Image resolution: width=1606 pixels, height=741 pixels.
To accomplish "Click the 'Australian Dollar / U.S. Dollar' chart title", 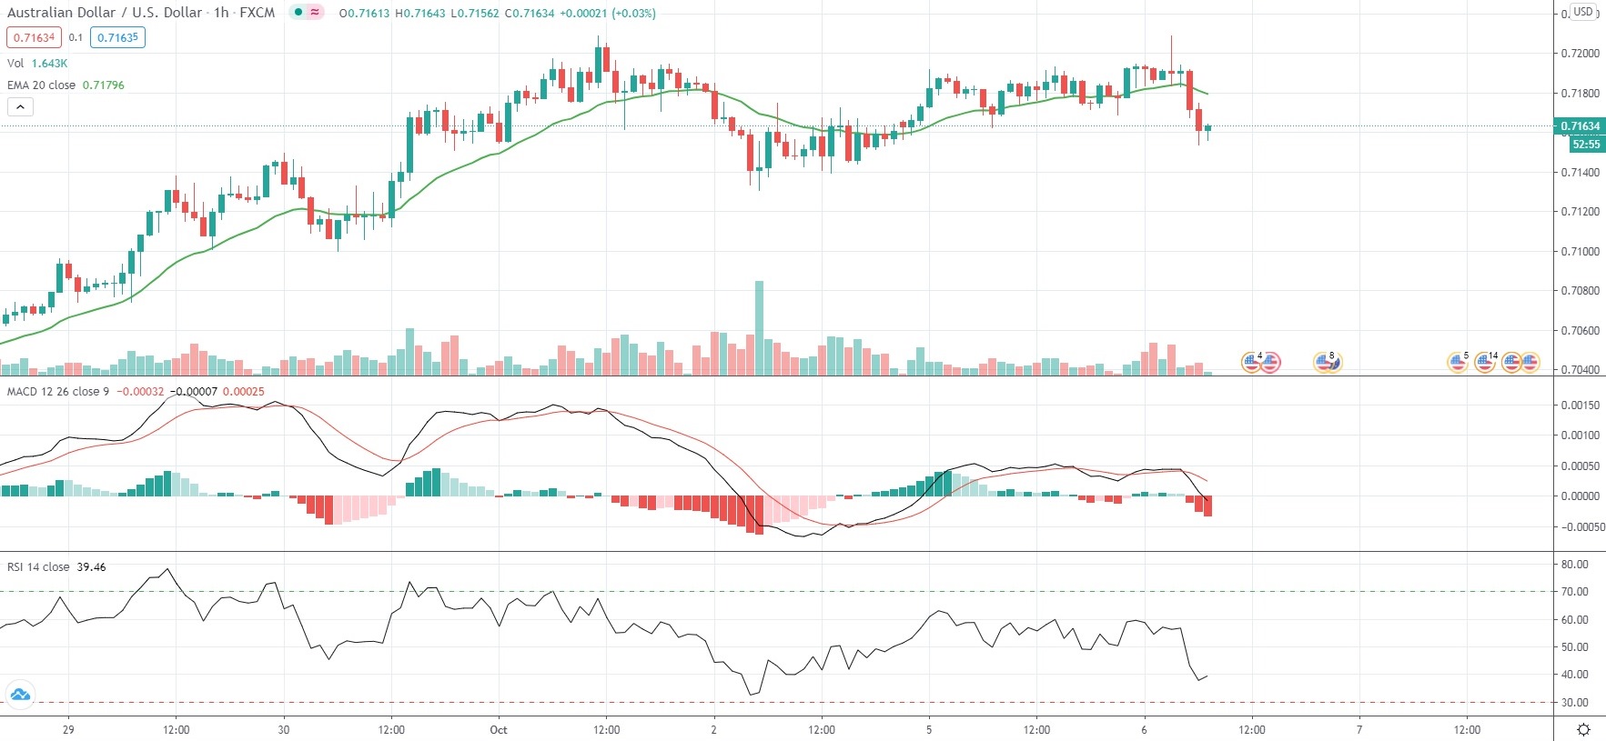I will tap(105, 13).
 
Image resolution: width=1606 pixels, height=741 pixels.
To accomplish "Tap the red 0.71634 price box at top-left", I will tap(34, 37).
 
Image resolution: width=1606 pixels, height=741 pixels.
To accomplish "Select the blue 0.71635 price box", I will tap(117, 37).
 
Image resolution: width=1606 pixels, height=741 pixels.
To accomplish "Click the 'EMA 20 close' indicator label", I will tap(42, 85).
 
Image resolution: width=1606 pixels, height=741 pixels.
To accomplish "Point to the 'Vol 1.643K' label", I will tap(37, 63).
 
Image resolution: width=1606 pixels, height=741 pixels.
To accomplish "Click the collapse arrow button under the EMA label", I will tap(20, 106).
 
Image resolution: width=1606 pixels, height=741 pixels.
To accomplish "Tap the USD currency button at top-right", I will tap(1583, 12).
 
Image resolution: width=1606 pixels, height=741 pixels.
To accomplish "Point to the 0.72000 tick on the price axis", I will tap(1580, 54).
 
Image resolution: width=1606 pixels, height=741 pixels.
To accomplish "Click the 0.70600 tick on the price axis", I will tap(1580, 330).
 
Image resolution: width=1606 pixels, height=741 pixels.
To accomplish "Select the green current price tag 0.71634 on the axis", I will tap(1580, 126).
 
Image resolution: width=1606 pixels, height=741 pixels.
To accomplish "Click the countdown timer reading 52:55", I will tap(1585, 144).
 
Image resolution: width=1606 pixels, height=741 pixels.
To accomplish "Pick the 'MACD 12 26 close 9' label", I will tap(58, 391).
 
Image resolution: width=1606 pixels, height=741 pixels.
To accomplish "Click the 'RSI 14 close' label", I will tap(38, 566).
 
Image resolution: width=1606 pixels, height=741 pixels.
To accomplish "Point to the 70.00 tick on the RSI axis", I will tap(1574, 591).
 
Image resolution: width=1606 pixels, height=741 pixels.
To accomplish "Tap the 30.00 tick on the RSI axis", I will tap(1574, 702).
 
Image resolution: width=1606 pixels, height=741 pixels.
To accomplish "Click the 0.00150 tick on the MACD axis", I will tap(1580, 405).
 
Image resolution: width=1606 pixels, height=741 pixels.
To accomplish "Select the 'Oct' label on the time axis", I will tap(498, 729).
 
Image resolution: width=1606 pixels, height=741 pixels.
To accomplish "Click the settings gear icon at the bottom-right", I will tap(1583, 729).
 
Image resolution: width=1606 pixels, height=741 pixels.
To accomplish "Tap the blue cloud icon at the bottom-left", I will tap(20, 695).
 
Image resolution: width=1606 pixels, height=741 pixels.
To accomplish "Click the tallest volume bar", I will tap(759, 327).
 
